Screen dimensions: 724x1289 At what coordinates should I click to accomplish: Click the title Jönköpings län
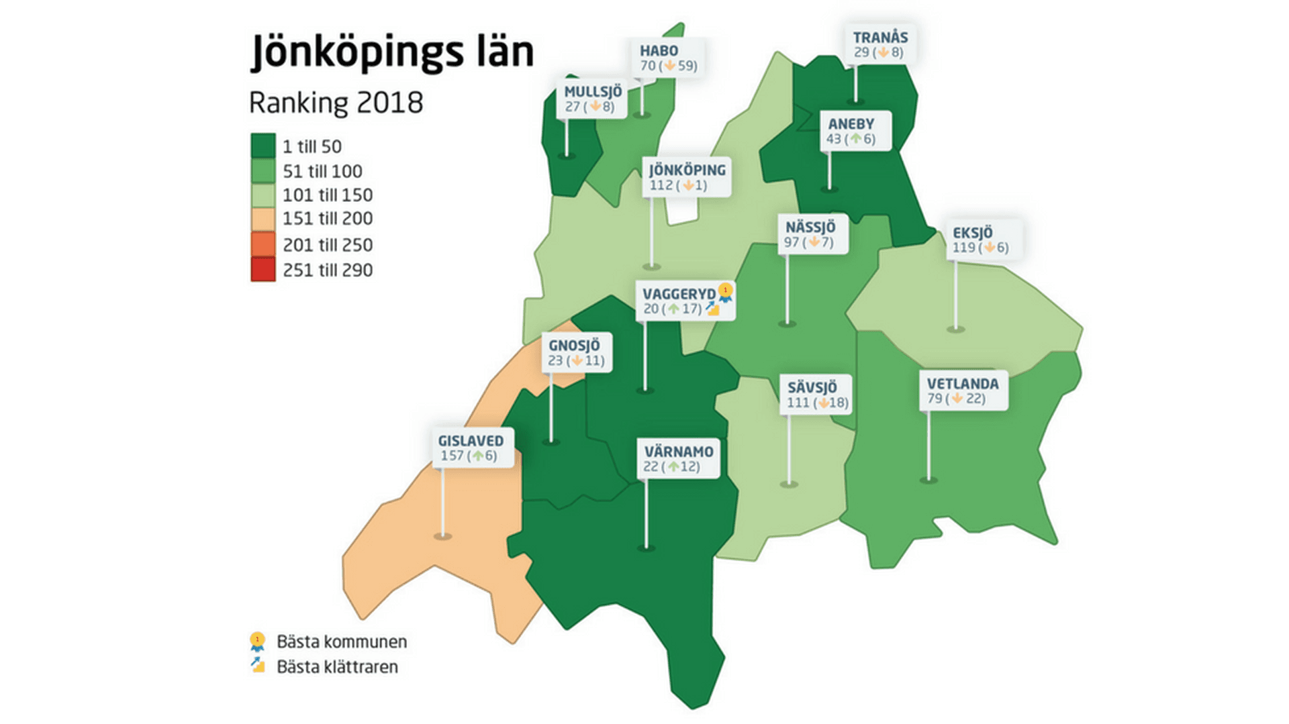pos(392,52)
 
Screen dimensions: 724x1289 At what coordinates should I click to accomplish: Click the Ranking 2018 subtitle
pos(336,103)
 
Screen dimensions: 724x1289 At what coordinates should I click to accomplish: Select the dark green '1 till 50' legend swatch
pos(263,146)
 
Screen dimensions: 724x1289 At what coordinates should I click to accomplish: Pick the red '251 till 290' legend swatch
pos(263,270)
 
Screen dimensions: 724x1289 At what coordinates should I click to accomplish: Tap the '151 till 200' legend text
pos(327,219)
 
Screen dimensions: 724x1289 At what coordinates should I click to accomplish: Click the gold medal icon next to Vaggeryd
pos(725,291)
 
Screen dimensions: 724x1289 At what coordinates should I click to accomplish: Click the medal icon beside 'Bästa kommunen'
pos(257,641)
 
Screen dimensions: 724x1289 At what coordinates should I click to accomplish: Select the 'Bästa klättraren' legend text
pos(337,667)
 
